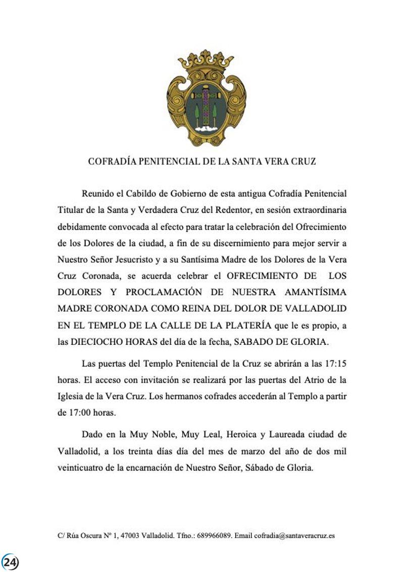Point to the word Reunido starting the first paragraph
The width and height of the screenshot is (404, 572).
(96, 193)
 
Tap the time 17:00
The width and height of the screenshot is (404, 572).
(84, 412)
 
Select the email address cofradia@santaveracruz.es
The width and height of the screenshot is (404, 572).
(294, 536)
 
